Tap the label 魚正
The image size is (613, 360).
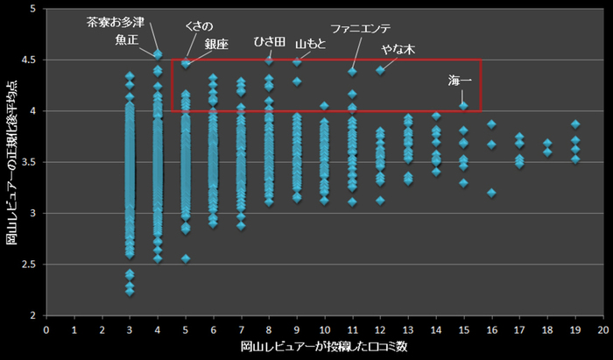(x=126, y=39)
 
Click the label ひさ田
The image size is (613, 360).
(x=270, y=42)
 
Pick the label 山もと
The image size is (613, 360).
(x=310, y=43)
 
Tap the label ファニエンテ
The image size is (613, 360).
(x=361, y=28)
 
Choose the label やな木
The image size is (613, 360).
(x=397, y=49)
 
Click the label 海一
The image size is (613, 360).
(x=459, y=81)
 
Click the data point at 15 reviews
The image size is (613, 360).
(x=464, y=106)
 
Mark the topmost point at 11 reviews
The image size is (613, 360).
(x=352, y=72)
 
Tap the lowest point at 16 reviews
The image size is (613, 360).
(x=492, y=192)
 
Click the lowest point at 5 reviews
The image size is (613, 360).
(x=186, y=258)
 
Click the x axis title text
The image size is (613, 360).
(x=324, y=348)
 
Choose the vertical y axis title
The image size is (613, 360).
(x=11, y=162)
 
